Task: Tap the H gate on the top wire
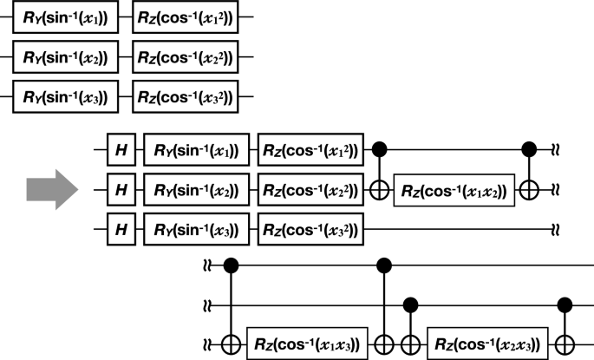121,149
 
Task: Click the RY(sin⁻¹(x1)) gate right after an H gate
197,149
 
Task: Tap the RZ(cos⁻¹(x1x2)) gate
453,189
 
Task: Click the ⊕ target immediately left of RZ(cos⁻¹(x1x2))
380,189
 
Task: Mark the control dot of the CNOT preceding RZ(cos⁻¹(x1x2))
380,149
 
